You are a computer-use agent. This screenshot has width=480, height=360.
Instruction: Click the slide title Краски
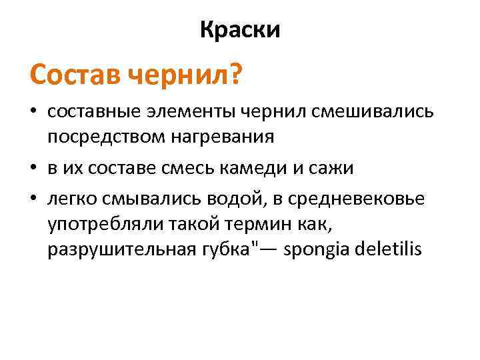pyautogui.click(x=240, y=30)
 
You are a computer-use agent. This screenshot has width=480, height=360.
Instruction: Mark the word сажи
pyautogui.click(x=335, y=168)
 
